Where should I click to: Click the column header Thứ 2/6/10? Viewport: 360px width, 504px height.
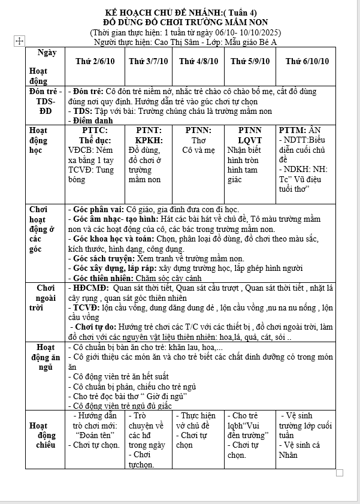coord(96,62)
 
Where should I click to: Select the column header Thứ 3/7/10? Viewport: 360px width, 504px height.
coord(149,62)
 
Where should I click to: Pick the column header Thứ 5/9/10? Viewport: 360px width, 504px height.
coord(250,62)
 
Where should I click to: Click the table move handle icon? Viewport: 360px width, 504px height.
coord(19,41)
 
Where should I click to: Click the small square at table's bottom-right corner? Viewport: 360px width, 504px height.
coord(340,473)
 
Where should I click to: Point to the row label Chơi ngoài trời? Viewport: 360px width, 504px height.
coord(45,297)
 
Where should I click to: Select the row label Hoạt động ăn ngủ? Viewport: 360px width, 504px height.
coord(45,357)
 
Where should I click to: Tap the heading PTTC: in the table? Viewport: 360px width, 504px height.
coord(95,130)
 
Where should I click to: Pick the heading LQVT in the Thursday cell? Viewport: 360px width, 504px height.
coord(250,140)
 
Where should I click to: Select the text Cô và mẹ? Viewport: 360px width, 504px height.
coord(198,150)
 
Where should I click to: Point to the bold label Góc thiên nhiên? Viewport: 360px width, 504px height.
coord(103,278)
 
